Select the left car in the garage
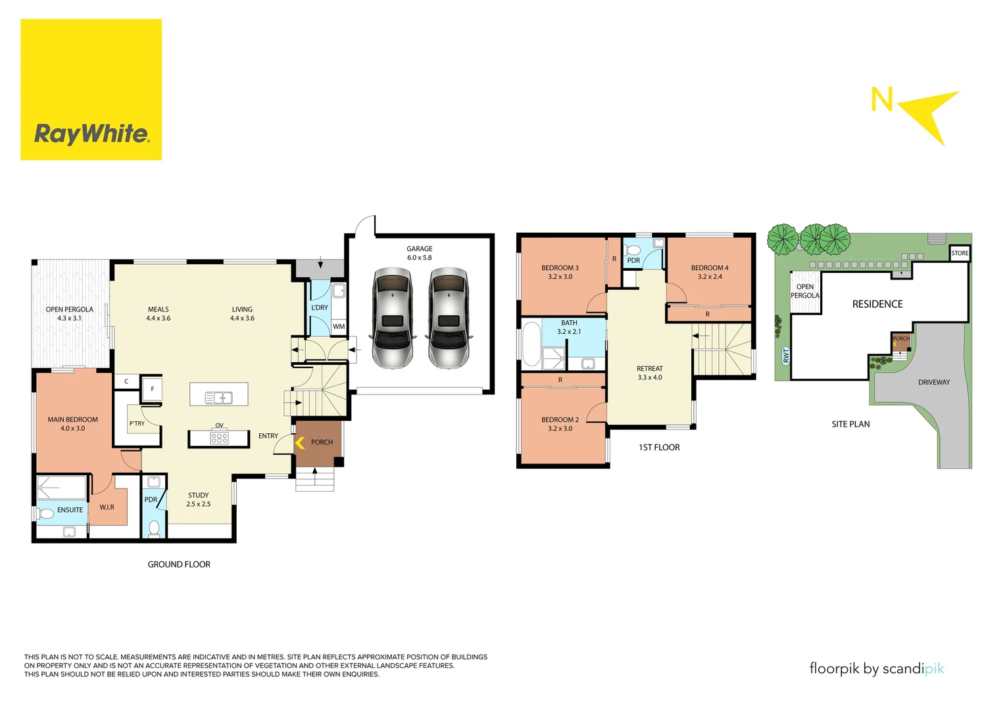point(392,318)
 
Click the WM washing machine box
point(339,326)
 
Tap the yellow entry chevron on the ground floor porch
point(300,443)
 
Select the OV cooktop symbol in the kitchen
point(219,437)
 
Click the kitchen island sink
point(218,397)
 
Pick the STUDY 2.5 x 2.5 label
point(198,500)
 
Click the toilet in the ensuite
point(45,513)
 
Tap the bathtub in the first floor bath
point(531,343)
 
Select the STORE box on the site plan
point(960,253)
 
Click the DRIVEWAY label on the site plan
point(933,382)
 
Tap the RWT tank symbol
point(785,356)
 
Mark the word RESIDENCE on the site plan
point(877,304)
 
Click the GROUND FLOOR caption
point(179,564)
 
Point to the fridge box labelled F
point(153,389)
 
